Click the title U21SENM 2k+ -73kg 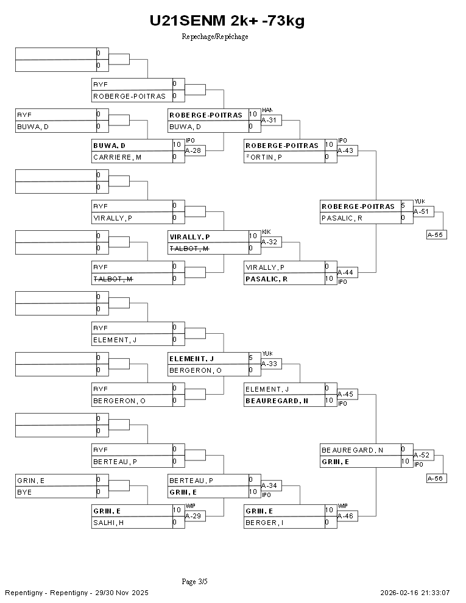[x=227, y=21]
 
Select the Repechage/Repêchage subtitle [x=215, y=37]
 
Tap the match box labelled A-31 [x=269, y=121]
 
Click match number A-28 [x=192, y=150]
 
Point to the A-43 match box [x=345, y=150]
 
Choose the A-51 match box [x=421, y=212]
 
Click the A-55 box [x=436, y=234]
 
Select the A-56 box [x=436, y=479]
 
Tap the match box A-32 [x=269, y=242]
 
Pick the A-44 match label [x=345, y=272]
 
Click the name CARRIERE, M [x=118, y=157]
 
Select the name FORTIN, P [x=265, y=157]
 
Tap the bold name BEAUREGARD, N [x=276, y=401]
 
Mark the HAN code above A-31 [x=267, y=110]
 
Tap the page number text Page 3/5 [x=195, y=582]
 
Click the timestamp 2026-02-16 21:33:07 [x=415, y=593]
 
